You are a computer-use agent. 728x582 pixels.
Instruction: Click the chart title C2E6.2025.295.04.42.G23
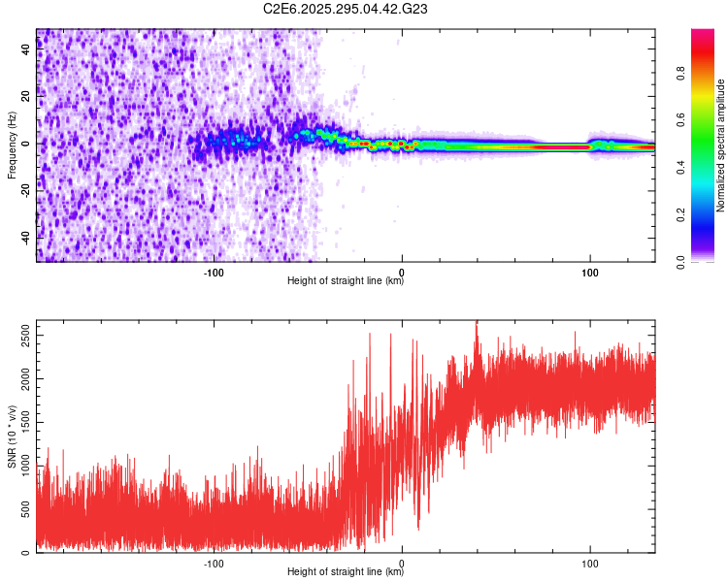click(346, 9)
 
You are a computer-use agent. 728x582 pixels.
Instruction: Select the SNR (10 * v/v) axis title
click(12, 436)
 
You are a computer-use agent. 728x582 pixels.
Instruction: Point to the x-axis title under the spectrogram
click(346, 282)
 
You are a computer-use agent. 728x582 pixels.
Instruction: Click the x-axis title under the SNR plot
click(346, 572)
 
